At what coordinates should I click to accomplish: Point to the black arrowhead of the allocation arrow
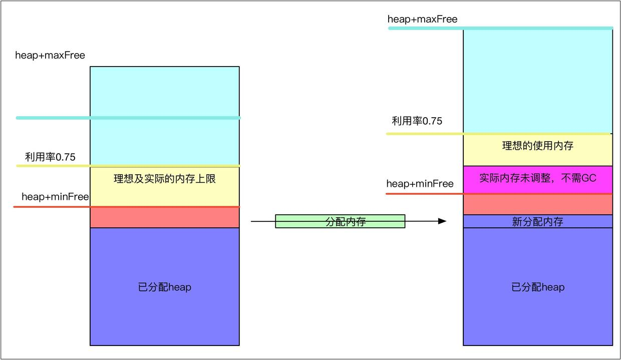click(442, 221)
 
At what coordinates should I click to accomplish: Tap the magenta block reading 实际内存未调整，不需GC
click(538, 179)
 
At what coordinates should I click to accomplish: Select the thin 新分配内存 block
click(538, 222)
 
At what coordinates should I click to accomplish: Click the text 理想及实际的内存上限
click(165, 179)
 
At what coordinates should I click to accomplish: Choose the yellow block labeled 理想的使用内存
click(538, 146)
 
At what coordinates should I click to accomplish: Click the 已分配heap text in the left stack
click(165, 287)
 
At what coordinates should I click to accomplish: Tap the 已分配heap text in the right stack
click(538, 287)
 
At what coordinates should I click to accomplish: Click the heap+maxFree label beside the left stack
click(50, 56)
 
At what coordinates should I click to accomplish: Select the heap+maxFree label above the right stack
click(422, 20)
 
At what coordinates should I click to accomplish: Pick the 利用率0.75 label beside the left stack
click(50, 157)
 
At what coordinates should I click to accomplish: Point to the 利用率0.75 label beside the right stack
click(417, 121)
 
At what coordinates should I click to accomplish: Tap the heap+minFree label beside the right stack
click(420, 184)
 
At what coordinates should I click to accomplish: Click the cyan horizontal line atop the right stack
click(501, 28)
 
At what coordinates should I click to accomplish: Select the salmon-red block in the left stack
click(165, 218)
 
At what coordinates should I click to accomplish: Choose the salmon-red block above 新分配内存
click(538, 204)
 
